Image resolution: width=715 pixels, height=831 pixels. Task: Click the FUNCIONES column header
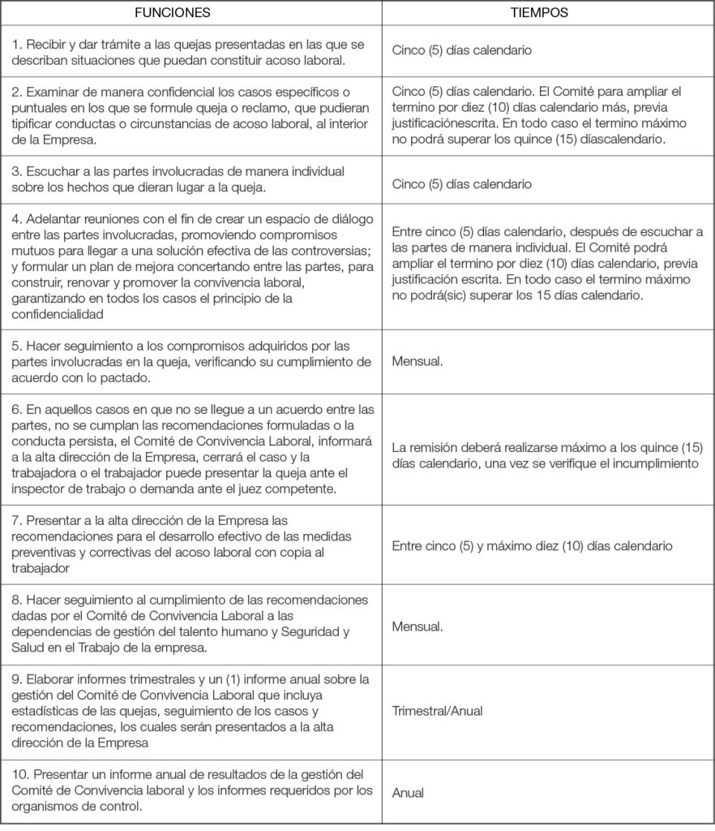pyautogui.click(x=173, y=13)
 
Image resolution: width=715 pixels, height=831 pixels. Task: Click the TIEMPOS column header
pyautogui.click(x=539, y=13)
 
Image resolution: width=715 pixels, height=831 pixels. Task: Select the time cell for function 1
pyautogui.click(x=461, y=50)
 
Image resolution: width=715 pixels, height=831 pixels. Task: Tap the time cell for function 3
pyautogui.click(x=461, y=184)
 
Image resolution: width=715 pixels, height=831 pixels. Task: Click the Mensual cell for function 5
pyautogui.click(x=417, y=361)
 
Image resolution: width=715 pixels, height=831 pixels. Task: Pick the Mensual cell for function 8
pyautogui.click(x=417, y=626)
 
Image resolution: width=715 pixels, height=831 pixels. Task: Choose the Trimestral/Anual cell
pyautogui.click(x=437, y=711)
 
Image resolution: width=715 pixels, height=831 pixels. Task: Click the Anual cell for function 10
pyautogui.click(x=408, y=793)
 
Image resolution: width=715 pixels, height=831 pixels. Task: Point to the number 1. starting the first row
pyautogui.click(x=17, y=44)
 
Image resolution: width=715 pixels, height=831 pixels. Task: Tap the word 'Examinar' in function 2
pyautogui.click(x=54, y=93)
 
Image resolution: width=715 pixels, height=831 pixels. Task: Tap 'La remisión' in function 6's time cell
pyautogui.click(x=423, y=448)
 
